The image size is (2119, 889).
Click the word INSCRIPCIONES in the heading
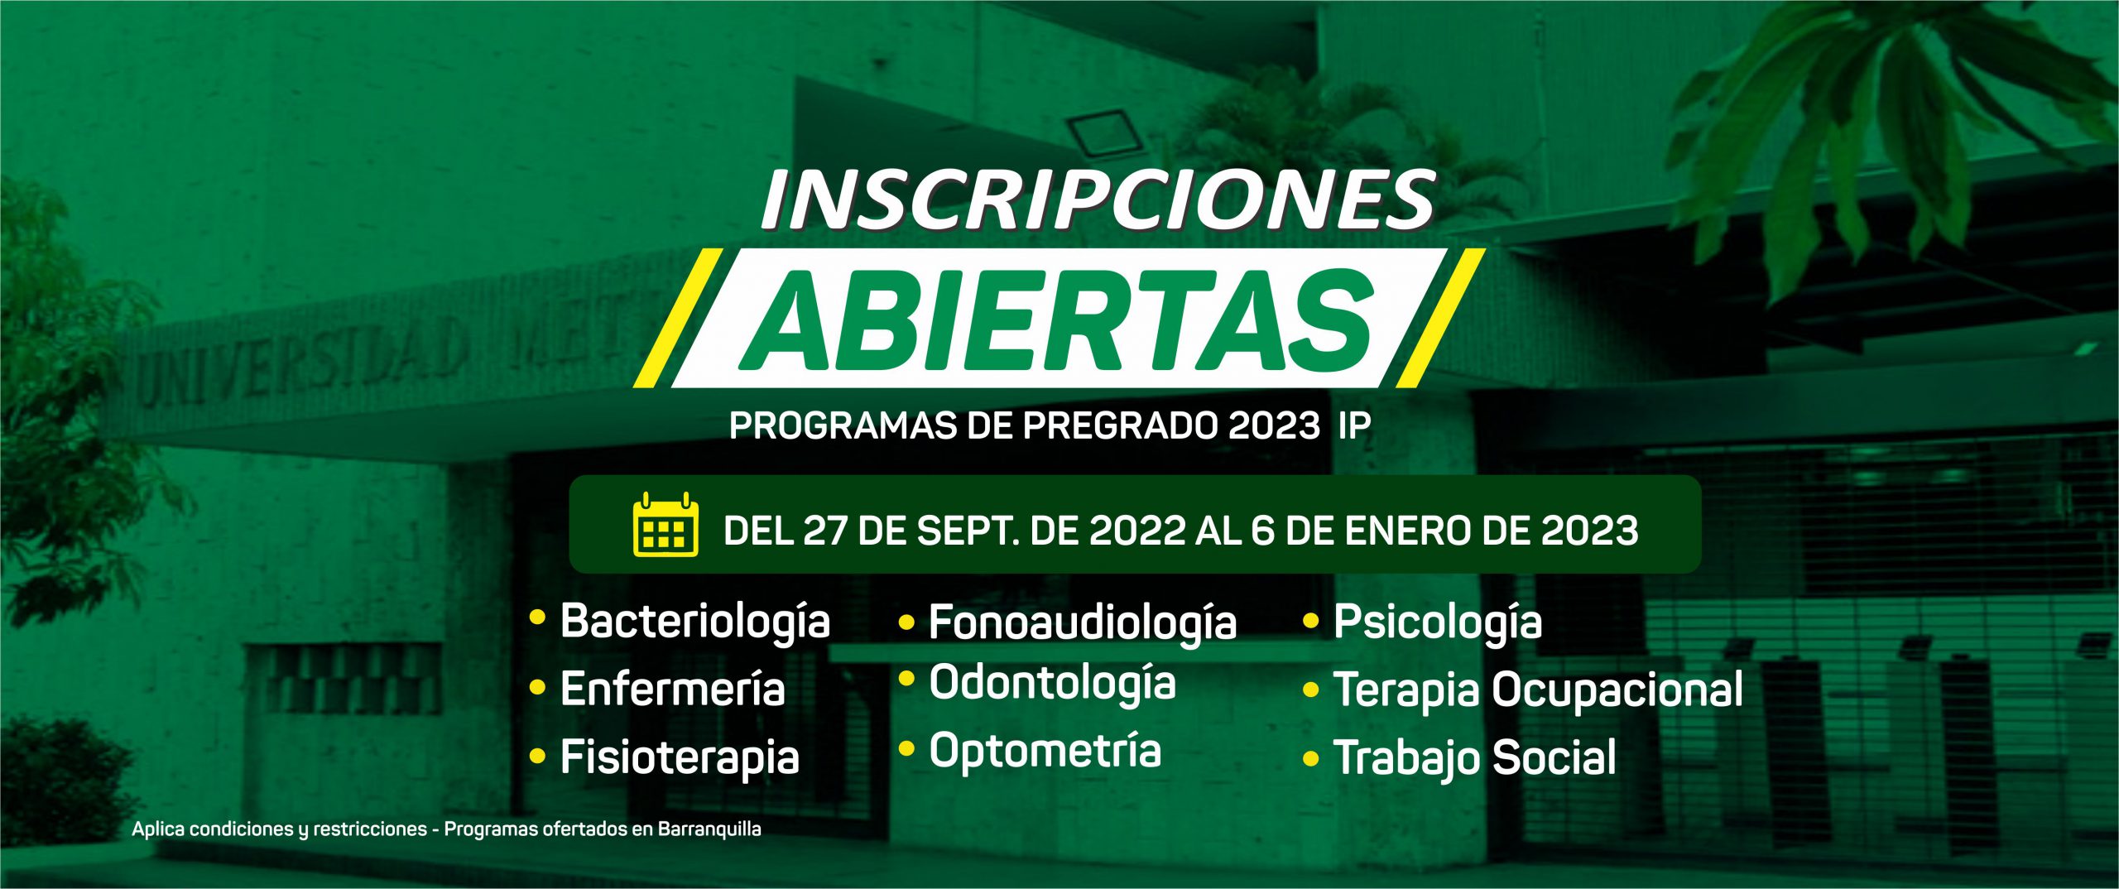point(1098,199)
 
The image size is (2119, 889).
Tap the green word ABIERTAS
point(1058,320)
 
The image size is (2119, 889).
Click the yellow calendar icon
point(665,524)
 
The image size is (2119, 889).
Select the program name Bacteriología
point(695,622)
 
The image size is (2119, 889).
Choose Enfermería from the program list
point(672,689)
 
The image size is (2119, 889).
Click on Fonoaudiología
point(1083,623)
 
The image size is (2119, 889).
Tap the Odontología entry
point(1052,685)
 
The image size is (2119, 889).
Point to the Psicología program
point(1438,623)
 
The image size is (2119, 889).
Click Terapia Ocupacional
point(1538,691)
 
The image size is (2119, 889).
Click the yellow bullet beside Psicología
point(1310,621)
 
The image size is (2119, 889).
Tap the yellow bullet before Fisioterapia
point(538,757)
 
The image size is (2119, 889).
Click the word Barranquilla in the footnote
point(709,829)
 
